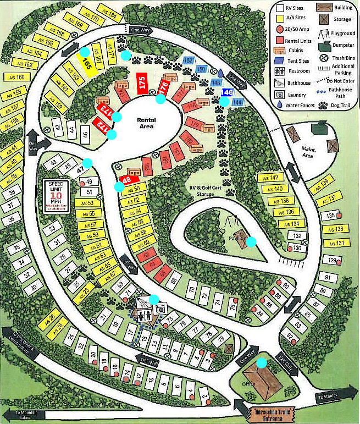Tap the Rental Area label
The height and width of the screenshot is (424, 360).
pos(146,123)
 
